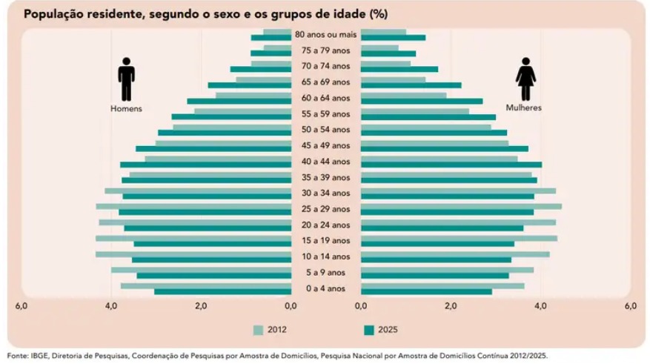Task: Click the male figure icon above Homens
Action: [x=126, y=79]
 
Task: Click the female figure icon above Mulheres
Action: [x=525, y=79]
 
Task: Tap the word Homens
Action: [x=126, y=108]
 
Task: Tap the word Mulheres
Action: [x=524, y=108]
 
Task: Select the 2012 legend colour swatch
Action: [x=258, y=330]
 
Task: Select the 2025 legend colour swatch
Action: [x=368, y=330]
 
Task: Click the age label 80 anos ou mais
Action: [x=325, y=35]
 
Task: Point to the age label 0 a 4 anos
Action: [x=325, y=288]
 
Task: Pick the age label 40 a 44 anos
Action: [x=325, y=162]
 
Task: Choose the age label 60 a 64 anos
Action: [x=325, y=98]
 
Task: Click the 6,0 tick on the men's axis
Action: [x=21, y=306]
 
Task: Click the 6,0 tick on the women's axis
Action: [x=630, y=306]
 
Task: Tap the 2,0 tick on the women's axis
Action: [x=451, y=306]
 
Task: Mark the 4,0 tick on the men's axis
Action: [x=111, y=306]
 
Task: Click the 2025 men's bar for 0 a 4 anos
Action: [x=222, y=291]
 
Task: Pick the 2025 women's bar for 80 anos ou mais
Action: [x=393, y=38]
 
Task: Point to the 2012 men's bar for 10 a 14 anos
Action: [x=193, y=254]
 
